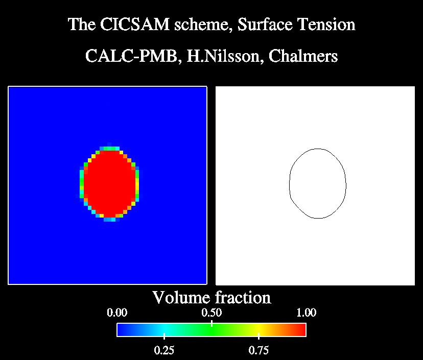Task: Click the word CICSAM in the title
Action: click(135, 25)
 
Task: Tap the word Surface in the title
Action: click(265, 25)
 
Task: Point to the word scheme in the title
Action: click(203, 25)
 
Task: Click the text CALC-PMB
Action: click(131, 56)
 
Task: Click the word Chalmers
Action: click(303, 56)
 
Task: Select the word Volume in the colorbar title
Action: click(181, 298)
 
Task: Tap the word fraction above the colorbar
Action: click(243, 298)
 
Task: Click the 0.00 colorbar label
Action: click(117, 313)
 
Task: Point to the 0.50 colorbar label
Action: click(212, 313)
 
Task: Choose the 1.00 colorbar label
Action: click(306, 313)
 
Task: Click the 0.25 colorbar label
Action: click(165, 350)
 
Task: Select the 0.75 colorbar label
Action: click(258, 350)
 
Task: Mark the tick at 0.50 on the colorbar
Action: click(212, 323)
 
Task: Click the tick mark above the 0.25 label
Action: click(165, 336)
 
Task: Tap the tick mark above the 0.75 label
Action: click(258, 336)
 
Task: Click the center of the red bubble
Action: click(109, 184)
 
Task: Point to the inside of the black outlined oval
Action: click(318, 183)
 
